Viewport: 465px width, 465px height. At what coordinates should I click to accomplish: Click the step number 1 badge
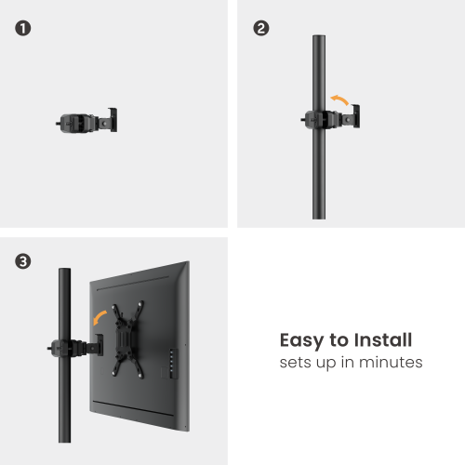23,28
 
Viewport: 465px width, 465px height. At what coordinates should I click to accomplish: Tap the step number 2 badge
261,28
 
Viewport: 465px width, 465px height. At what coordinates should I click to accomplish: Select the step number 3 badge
23,262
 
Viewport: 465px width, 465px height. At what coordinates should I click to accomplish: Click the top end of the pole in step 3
65,272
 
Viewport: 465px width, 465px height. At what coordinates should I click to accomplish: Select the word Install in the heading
380,340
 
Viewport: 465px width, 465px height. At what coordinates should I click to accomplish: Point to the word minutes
392,362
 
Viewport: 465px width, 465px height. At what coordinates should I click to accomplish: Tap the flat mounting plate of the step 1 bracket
113,119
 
